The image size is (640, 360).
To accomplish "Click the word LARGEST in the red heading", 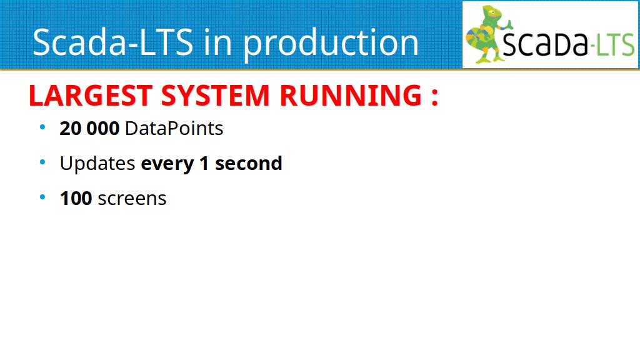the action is pos(91,96).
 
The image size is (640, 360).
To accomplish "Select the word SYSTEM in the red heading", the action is pos(215,96).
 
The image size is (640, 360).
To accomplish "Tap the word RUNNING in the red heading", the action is pos(351,96).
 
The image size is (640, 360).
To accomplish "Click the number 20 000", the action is pos(89,129).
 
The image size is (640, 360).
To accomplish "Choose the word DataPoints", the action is pos(174,129).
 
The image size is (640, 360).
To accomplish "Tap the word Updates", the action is pos(97,164).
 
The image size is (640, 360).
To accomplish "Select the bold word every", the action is pos(167,164).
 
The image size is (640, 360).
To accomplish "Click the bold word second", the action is pos(249,163).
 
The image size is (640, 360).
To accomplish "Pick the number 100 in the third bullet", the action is pos(76,198).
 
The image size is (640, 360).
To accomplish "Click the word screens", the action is pos(132,199).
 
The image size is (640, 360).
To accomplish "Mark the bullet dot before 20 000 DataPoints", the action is pos(42,127).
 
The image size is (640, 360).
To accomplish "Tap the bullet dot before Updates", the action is pos(42,162).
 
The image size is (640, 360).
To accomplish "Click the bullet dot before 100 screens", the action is pos(42,197).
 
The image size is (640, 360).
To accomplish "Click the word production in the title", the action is pos(331,43).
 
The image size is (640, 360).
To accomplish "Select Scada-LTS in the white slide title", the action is pos(112,42).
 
